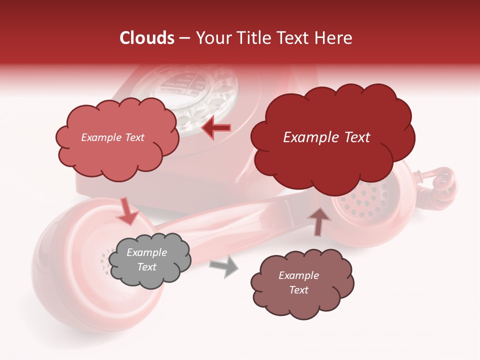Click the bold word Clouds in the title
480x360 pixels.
(147, 38)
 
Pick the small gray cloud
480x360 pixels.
(149, 260)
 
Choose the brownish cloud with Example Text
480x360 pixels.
(302, 283)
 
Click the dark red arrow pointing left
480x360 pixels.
(216, 128)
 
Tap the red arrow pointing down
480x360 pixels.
(128, 211)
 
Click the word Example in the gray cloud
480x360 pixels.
(146, 253)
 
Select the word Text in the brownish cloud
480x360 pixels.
(298, 290)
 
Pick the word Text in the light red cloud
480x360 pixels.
(134, 137)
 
